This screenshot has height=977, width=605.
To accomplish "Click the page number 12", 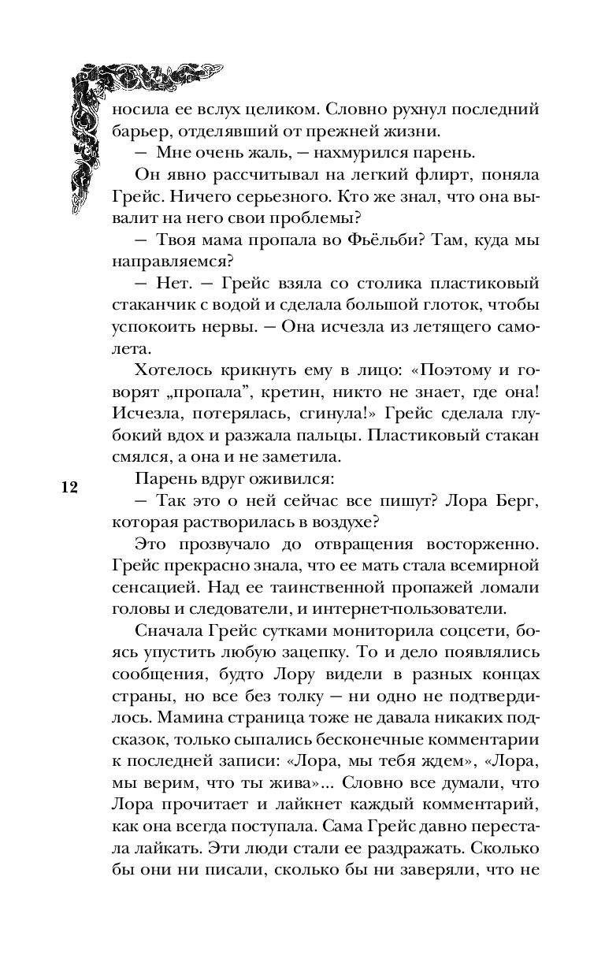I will point(69,486).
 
